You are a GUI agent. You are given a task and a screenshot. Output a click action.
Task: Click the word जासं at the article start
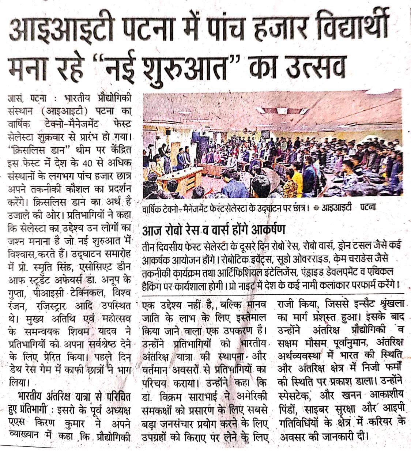16,98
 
